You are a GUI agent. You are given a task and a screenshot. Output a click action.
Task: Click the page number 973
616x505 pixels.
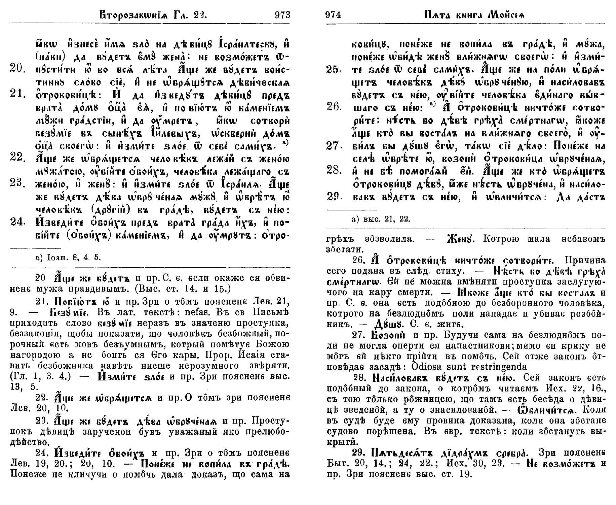click(x=282, y=15)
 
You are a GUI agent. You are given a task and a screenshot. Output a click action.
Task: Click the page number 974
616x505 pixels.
click(x=333, y=15)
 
